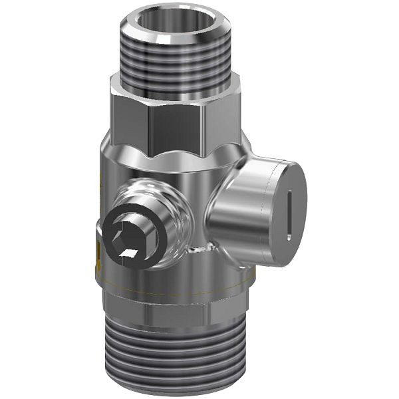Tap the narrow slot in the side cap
tap(290, 213)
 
